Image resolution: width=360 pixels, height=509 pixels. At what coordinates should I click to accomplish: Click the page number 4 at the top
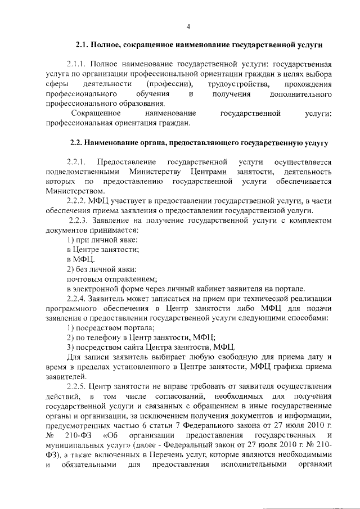(188, 26)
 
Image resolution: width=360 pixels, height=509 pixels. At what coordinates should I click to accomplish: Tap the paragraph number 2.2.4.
(77, 298)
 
